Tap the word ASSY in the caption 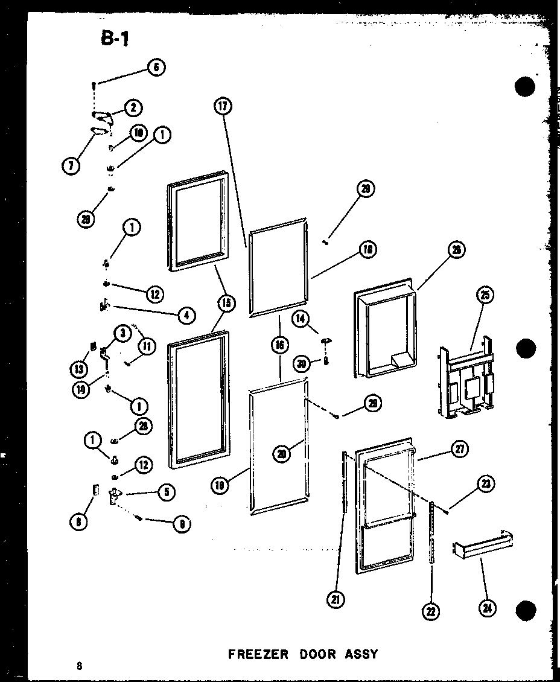[361, 654]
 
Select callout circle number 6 [156, 68]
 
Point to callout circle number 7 [72, 164]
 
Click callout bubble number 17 [222, 106]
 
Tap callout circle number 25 [485, 295]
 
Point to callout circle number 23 [485, 482]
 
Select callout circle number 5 [166, 492]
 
